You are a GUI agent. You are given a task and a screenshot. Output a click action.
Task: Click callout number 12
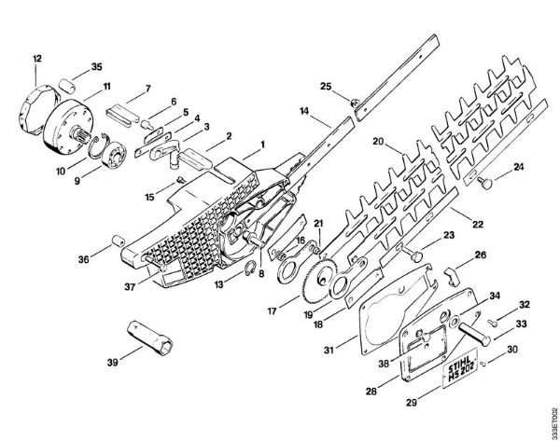point(36,59)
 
